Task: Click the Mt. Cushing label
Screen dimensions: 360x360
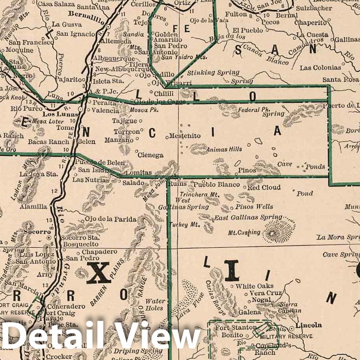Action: pyautogui.click(x=244, y=233)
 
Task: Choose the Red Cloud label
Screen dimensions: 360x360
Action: pyautogui.click(x=264, y=187)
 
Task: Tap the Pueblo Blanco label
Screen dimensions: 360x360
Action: pyautogui.click(x=217, y=184)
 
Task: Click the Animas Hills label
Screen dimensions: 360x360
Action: pyautogui.click(x=224, y=149)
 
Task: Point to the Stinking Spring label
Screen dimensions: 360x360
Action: pyautogui.click(x=213, y=73)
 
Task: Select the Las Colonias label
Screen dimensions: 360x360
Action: pyautogui.click(x=320, y=68)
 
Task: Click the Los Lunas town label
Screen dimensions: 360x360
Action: pyautogui.click(x=54, y=115)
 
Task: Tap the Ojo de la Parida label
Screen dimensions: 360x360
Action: pyautogui.click(x=110, y=219)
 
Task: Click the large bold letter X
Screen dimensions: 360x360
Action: pyautogui.click(x=98, y=273)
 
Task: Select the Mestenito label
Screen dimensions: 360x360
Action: pyautogui.click(x=185, y=136)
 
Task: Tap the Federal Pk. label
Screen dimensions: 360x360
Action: pyautogui.click(x=252, y=110)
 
